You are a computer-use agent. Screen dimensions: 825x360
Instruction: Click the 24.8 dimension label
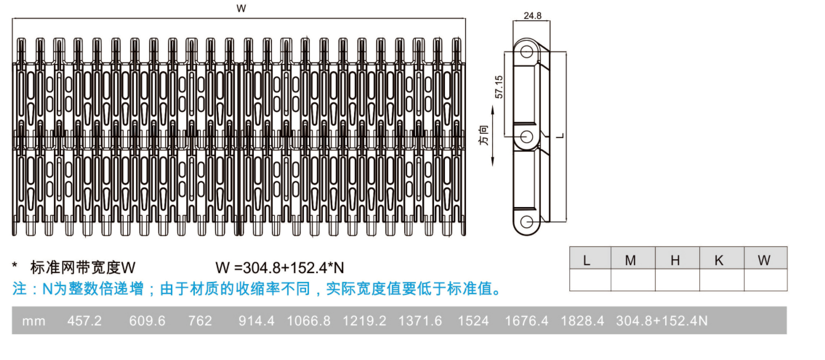(533, 15)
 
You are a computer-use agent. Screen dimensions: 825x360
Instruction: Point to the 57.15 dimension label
(498, 87)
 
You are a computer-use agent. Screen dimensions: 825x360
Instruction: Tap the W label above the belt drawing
(241, 8)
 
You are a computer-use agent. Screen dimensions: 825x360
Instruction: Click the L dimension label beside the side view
(560, 136)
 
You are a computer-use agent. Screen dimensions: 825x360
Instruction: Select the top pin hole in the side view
(527, 52)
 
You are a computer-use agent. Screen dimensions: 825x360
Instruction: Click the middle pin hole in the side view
(527, 137)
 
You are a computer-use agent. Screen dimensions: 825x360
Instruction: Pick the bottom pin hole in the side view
(527, 222)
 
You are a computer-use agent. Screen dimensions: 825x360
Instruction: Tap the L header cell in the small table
(590, 258)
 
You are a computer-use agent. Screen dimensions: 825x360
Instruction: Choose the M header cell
(633, 258)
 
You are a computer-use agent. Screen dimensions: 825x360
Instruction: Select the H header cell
(677, 258)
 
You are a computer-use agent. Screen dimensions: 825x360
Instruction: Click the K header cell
(722, 258)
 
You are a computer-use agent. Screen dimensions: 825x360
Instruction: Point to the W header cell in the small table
(766, 258)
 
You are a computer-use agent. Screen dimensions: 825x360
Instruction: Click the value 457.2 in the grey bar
(84, 321)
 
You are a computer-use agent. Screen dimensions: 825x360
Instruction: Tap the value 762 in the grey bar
(200, 321)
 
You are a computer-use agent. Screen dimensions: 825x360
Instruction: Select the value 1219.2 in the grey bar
(365, 321)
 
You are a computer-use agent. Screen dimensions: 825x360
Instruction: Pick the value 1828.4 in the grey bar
(582, 321)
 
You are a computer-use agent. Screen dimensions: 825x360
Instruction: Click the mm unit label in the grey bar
(34, 321)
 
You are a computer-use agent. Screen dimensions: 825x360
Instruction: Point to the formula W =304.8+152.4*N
(280, 268)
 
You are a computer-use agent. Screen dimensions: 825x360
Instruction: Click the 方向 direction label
(484, 135)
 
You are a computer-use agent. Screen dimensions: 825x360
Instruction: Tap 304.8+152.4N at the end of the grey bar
(662, 321)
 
